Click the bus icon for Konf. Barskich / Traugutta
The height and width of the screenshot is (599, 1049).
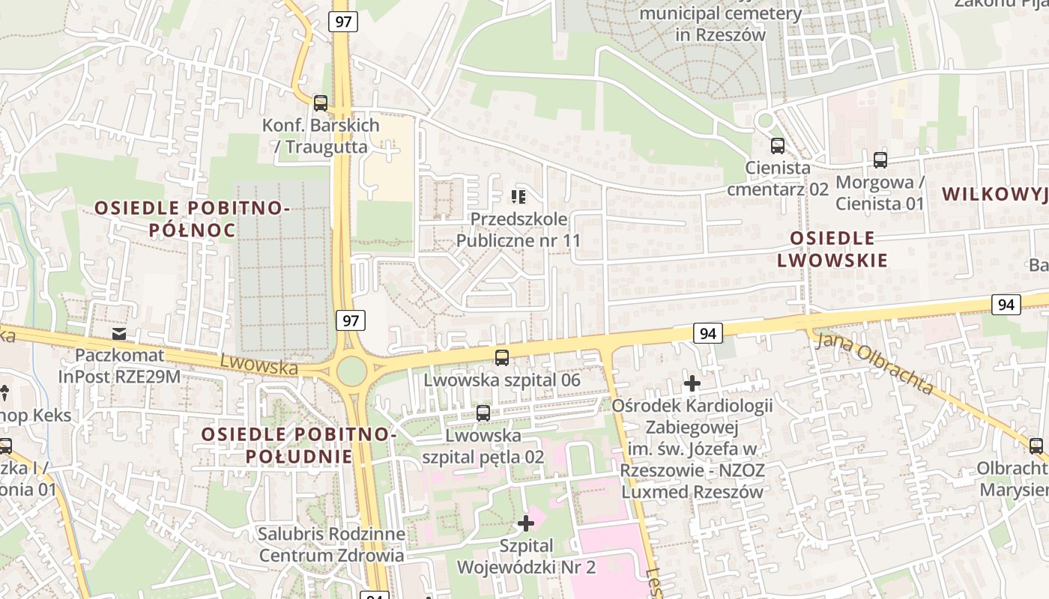[321, 103]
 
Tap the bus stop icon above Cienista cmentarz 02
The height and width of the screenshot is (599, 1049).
[778, 146]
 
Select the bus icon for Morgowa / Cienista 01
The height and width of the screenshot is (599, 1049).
[880, 159]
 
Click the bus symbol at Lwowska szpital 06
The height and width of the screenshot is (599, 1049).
[502, 358]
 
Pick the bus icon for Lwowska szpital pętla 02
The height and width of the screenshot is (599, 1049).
[483, 413]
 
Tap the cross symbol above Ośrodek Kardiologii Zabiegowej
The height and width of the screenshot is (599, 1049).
[692, 384]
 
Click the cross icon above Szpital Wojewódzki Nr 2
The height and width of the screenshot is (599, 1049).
[526, 523]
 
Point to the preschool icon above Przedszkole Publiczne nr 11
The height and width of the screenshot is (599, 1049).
[519, 197]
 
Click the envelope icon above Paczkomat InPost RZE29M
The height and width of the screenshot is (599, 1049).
[119, 333]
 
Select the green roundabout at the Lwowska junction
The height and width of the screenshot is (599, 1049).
[351, 370]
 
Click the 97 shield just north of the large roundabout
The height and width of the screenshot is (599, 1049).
[351, 320]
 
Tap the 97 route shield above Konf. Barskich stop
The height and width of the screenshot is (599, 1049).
[343, 21]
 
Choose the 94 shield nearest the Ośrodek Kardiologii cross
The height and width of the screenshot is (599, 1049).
[707, 333]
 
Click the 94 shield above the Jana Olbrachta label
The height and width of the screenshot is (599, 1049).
[1006, 304]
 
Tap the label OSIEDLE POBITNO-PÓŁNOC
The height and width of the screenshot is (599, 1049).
[192, 219]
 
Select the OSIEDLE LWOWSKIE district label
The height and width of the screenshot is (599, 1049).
[832, 249]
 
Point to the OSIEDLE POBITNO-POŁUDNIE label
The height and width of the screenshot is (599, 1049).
[297, 445]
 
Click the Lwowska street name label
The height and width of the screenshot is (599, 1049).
[259, 366]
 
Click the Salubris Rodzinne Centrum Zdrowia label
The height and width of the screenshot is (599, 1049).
[331, 545]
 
